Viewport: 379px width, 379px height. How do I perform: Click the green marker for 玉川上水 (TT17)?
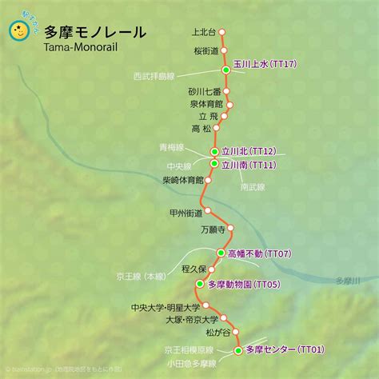(x=225, y=71)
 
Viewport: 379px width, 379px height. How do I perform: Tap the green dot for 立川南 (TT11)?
(x=214, y=164)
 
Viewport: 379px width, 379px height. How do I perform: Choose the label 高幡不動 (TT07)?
(x=260, y=253)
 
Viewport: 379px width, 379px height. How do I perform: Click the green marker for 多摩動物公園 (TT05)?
(x=200, y=283)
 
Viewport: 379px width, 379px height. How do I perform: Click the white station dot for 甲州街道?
(x=209, y=212)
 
